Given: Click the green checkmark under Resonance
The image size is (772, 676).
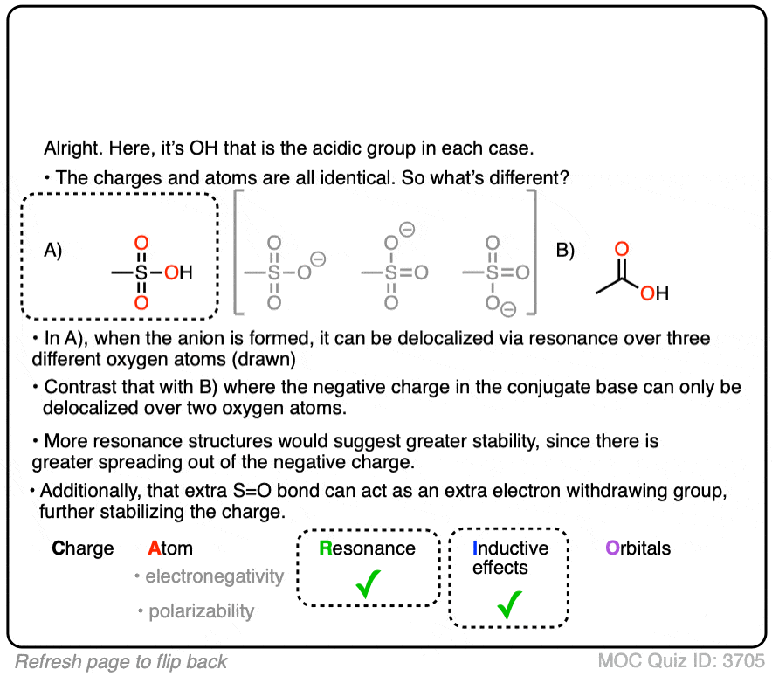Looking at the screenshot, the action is [x=368, y=584].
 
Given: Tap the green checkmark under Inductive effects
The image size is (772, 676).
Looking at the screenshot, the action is [x=509, y=604].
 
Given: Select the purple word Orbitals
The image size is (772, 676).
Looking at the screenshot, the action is [x=638, y=548].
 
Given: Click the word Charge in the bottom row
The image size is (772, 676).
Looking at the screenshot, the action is [x=83, y=548].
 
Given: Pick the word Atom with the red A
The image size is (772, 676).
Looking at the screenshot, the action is [x=170, y=548].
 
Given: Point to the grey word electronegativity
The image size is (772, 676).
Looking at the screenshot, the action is [x=215, y=576].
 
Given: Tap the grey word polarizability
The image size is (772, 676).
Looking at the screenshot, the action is [x=202, y=611].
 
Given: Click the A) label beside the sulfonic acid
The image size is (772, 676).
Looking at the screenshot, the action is [x=52, y=250].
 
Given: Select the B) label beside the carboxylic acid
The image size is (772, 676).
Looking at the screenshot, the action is [x=565, y=250].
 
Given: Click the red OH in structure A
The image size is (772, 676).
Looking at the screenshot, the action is [x=178, y=272].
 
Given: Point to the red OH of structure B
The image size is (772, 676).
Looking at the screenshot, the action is [x=654, y=293].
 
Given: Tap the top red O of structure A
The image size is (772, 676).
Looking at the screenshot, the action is [x=141, y=243].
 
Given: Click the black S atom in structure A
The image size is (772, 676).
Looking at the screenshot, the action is [x=141, y=272].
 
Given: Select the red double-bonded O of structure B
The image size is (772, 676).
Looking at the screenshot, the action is [x=622, y=249].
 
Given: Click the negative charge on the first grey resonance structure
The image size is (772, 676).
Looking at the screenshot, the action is [x=319, y=259].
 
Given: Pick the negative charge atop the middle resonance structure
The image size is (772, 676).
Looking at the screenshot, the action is [x=407, y=230].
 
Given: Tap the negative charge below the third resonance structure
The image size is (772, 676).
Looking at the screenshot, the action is [x=508, y=309].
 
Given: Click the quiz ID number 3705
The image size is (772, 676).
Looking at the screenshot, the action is [x=743, y=661].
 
